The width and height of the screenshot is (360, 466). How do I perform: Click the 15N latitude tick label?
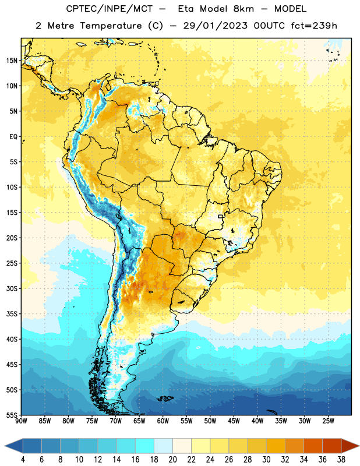(x=12, y=61)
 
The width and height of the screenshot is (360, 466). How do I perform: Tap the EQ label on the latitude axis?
(x=13, y=137)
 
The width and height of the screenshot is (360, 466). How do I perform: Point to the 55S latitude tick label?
(x=12, y=415)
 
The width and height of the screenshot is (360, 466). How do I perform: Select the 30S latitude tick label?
(x=12, y=288)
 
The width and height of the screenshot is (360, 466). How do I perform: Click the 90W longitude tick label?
(x=21, y=421)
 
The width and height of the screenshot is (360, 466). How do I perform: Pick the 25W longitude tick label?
(x=328, y=421)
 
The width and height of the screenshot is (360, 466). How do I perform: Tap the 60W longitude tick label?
(x=163, y=421)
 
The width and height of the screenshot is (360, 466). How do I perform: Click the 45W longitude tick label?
(x=234, y=421)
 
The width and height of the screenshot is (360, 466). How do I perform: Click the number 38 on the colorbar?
(x=341, y=460)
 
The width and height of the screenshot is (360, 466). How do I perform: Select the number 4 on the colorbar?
(x=23, y=460)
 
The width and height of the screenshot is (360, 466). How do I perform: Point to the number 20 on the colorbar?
(x=172, y=460)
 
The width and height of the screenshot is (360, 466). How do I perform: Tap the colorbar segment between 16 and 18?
(x=145, y=446)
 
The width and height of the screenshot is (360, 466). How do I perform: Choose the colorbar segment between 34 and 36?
(x=313, y=446)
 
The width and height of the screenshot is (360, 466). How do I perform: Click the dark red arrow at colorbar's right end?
(x=350, y=446)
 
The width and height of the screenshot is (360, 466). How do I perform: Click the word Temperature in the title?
(x=111, y=26)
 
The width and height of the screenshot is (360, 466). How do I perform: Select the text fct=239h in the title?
(x=314, y=26)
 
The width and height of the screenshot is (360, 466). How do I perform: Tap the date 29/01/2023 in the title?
(x=215, y=26)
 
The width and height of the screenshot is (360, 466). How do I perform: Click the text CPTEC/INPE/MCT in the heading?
(x=110, y=9)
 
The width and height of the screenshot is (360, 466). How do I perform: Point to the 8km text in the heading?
(x=243, y=9)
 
